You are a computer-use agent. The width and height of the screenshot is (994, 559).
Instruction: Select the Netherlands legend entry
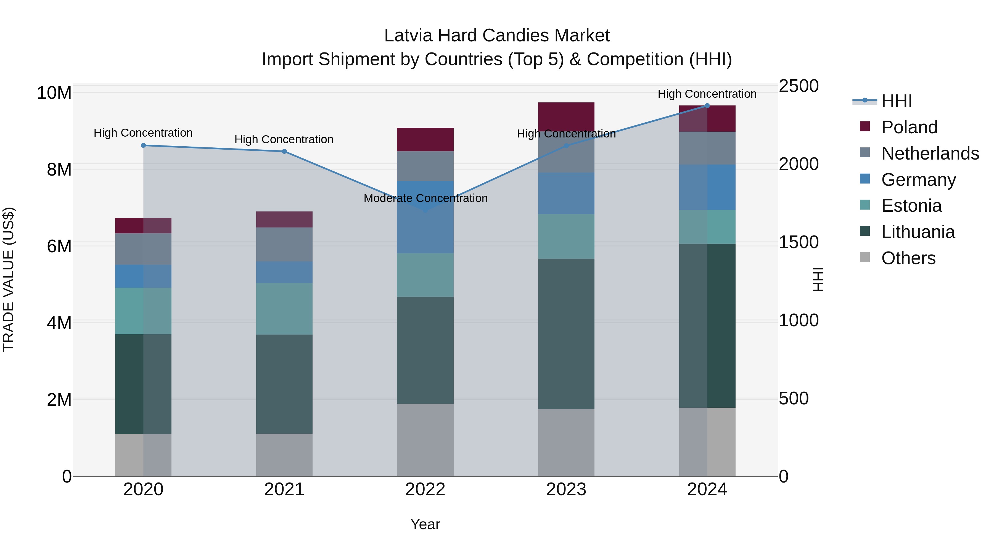tap(930, 153)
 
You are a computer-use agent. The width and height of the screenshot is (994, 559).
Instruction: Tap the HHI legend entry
tap(896, 101)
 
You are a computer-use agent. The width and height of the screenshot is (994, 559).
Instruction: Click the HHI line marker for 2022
tap(425, 211)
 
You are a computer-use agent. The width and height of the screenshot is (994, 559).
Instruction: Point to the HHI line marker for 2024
tap(707, 106)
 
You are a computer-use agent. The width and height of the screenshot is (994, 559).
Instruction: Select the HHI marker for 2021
tap(284, 151)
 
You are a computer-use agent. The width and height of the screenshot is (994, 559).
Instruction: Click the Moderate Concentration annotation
tap(425, 198)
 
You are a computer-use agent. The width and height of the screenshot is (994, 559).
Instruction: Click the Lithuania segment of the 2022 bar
tap(425, 350)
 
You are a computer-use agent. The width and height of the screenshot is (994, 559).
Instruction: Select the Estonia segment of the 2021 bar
tap(284, 309)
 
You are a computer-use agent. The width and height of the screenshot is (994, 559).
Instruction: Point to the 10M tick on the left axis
tap(54, 93)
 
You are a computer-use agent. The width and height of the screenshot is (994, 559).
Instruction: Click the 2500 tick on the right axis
tap(798, 86)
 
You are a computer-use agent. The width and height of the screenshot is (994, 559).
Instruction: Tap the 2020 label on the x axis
tap(143, 489)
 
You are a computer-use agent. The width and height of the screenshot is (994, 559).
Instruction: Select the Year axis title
tap(425, 524)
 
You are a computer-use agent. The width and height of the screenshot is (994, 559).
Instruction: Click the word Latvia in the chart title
tap(408, 36)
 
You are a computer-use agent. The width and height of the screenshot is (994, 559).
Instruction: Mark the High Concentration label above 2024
tap(707, 94)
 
